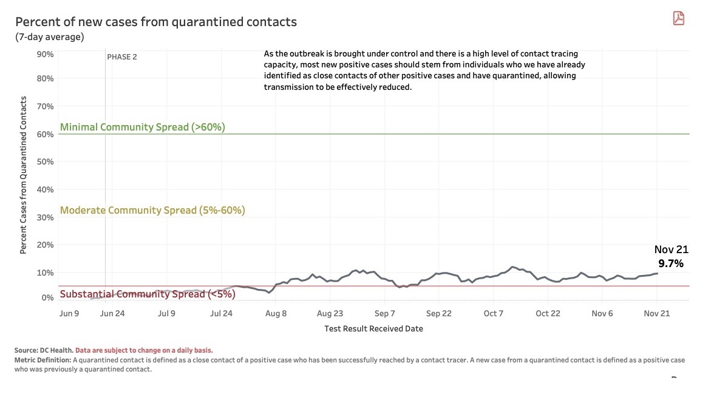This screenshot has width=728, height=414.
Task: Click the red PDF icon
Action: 678,18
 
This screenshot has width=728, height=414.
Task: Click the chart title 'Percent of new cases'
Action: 156,22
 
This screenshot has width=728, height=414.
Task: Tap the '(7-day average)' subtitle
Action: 50,37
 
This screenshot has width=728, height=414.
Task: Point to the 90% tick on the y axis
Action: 46,54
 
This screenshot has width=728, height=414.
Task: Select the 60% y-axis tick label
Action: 46,134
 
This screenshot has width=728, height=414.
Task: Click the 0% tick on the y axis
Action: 47,297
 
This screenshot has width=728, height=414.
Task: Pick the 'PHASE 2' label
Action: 122,57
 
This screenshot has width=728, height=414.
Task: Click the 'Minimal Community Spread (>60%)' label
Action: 143,127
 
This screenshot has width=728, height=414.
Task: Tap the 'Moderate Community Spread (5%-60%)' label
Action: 152,211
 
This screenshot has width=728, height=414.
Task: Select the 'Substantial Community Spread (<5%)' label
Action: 148,294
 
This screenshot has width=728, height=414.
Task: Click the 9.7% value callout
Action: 671,263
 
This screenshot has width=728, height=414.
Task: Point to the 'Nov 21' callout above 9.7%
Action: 671,249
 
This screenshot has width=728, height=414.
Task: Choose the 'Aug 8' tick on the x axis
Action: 276,313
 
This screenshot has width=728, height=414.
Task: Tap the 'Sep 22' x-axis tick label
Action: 438,313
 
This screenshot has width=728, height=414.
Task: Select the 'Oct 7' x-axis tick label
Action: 494,313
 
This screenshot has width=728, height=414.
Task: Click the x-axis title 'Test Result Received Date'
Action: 373,328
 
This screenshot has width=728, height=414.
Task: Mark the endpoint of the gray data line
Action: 657,273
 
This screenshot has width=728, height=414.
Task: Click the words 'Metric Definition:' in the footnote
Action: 42,360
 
